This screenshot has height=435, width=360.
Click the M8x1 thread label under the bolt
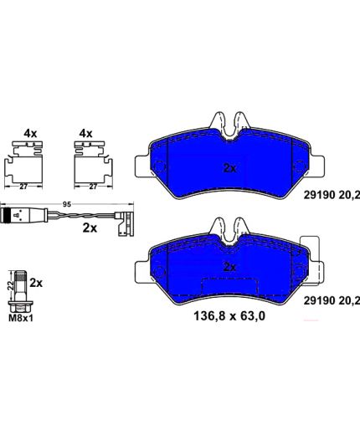pos(21,318)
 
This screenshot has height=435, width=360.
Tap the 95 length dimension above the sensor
pos(66,204)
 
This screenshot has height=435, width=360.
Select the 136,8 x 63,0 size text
pos(229,316)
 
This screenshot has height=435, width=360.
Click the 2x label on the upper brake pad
pos(229,168)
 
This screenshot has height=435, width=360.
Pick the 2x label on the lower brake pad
pos(229,268)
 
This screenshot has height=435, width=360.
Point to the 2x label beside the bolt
pos(36,283)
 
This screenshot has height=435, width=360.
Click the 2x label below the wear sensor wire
pos(90,228)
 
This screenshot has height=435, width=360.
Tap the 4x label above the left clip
pos(30,134)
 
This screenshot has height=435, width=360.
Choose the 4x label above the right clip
pos(85,134)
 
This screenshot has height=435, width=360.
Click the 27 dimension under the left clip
pos(23,187)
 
